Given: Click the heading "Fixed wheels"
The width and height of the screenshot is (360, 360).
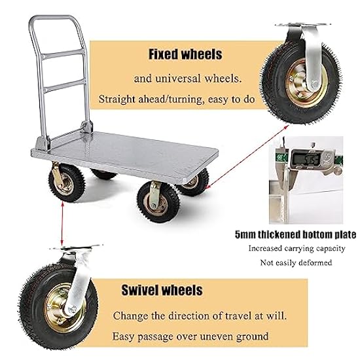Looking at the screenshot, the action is click(185, 54).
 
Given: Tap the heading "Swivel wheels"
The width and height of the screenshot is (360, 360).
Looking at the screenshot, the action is click(162, 290).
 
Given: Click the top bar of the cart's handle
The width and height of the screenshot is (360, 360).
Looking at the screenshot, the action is click(53, 18).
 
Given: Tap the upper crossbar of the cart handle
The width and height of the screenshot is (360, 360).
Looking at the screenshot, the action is click(63, 54).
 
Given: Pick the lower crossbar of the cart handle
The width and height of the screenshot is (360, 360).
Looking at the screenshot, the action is click(64, 86).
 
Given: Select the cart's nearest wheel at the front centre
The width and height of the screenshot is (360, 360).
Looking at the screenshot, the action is click(158, 202).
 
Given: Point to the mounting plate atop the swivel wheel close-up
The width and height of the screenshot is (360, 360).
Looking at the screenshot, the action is click(77, 248).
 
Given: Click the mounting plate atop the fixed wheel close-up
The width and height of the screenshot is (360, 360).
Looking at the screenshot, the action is click(302, 25).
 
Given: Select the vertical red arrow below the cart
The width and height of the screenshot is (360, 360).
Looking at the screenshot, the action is click(62, 223).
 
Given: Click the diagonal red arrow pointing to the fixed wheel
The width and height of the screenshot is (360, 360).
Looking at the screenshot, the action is click(247, 157).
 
